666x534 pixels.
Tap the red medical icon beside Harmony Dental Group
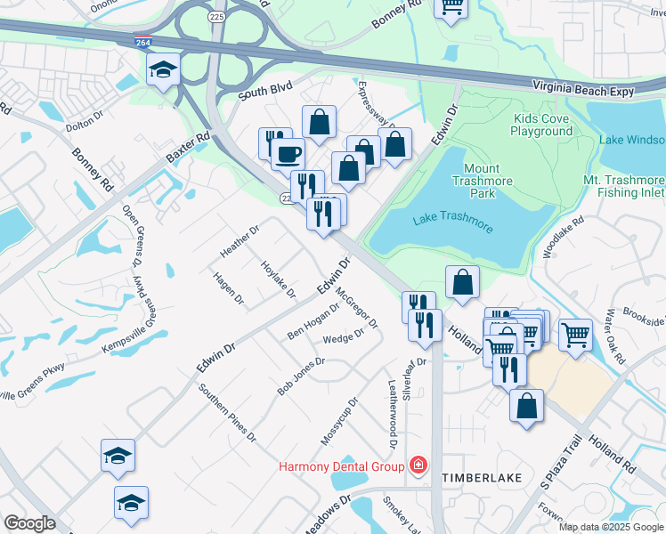point(417,465)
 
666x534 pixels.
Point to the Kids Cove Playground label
point(541,125)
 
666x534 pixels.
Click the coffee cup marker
point(287,153)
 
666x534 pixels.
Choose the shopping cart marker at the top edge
point(451,7)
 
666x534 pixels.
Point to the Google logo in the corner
point(29,523)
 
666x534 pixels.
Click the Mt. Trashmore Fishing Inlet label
point(623,185)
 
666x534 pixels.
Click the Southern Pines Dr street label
point(227,414)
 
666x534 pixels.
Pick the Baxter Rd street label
point(187,149)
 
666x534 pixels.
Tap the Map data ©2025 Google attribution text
point(611,527)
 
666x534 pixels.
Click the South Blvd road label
point(265,93)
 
